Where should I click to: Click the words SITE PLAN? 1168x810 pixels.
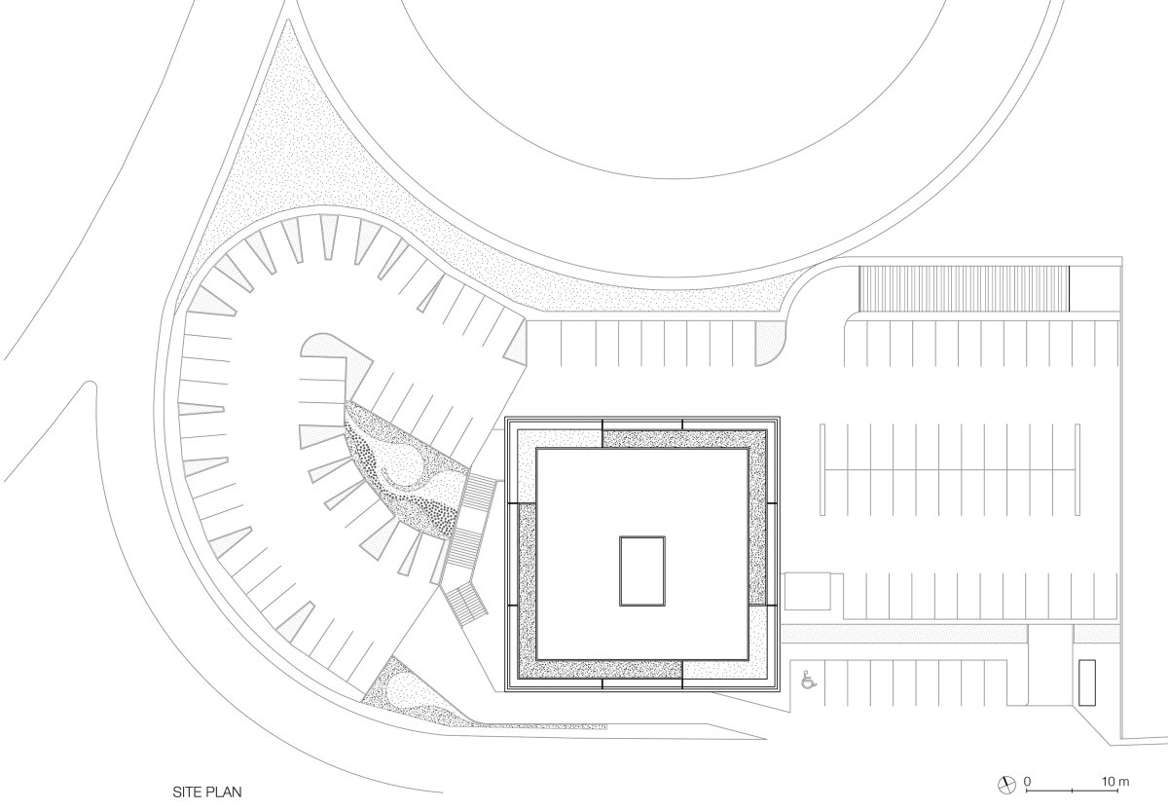(x=207, y=792)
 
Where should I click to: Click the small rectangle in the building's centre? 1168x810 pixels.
(x=641, y=571)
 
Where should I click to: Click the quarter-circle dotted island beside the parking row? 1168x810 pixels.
(x=768, y=344)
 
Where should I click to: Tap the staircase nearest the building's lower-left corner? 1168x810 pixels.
(x=464, y=602)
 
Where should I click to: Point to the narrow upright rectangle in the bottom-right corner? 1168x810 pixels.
(x=1086, y=682)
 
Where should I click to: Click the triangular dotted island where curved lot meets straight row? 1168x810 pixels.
(x=516, y=342)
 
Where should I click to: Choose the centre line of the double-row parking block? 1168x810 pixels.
(x=950, y=469)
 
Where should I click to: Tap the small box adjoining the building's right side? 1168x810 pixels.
(x=807, y=591)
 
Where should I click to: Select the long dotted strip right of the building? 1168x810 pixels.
(x=904, y=634)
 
